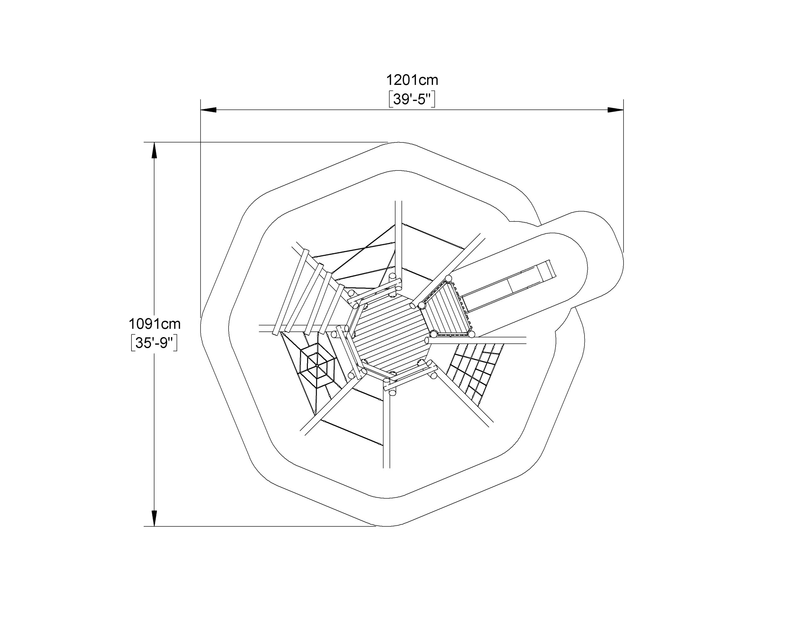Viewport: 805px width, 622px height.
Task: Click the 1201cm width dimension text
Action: (412, 80)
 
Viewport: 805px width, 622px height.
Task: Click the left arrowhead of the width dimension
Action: (208, 110)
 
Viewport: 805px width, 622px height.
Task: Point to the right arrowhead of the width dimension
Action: (616, 110)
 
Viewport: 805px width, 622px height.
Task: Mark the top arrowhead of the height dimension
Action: (154, 150)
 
